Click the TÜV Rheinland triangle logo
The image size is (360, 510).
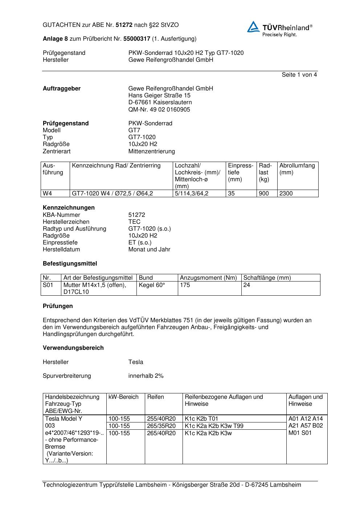click(253, 27)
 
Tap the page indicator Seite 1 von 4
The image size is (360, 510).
click(299, 75)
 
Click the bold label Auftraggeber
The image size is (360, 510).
click(62, 89)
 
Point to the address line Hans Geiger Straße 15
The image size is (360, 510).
click(159, 96)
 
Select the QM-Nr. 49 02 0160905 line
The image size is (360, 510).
click(159, 110)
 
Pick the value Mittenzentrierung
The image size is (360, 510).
click(151, 151)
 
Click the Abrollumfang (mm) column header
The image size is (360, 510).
click(297, 169)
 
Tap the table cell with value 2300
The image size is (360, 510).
click(286, 194)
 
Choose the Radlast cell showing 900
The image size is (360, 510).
click(264, 194)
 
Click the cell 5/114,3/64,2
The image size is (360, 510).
click(192, 194)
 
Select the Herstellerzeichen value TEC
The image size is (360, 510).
click(134, 222)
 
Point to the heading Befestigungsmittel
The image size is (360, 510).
click(70, 264)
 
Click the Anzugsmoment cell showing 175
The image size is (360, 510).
click(185, 285)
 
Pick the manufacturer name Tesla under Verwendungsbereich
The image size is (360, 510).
click(136, 362)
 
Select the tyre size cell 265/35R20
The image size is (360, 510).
click(161, 426)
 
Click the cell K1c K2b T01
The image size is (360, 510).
click(201, 418)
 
